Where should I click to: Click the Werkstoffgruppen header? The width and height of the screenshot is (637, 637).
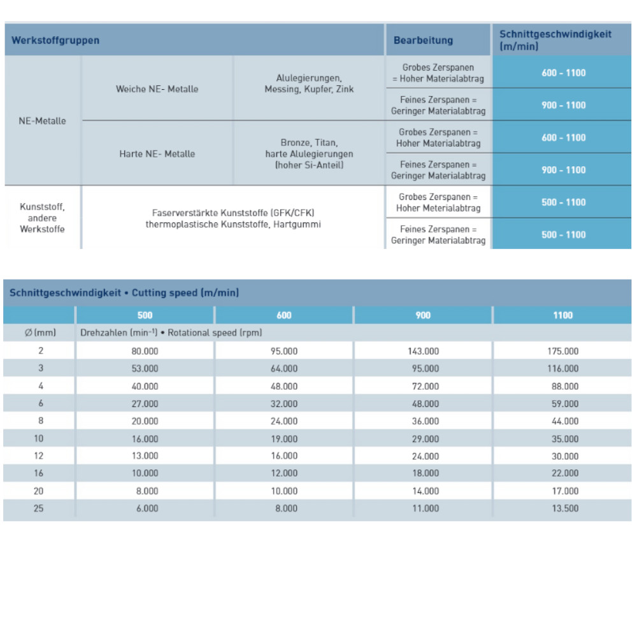tap(55, 40)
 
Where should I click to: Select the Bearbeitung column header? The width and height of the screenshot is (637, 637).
tap(423, 40)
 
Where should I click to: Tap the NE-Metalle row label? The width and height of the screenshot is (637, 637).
tap(43, 120)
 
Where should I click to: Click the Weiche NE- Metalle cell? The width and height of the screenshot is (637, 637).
tap(157, 89)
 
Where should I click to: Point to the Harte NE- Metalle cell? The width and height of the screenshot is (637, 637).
tap(157, 154)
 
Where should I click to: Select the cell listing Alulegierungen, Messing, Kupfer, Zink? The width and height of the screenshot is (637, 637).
tap(309, 83)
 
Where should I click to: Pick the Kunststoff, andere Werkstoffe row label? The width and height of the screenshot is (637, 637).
tap(43, 218)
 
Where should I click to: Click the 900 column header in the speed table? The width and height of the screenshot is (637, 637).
tap(423, 315)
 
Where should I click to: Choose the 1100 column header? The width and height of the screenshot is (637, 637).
tap(563, 315)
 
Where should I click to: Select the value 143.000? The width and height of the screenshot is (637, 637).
tap(423, 351)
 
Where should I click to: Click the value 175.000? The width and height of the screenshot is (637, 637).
tap(563, 351)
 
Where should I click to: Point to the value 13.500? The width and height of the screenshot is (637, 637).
tap(563, 508)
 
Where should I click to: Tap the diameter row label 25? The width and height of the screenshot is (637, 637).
tap(38, 508)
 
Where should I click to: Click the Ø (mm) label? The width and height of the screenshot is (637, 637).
tap(38, 333)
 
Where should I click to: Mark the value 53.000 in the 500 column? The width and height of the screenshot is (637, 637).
tap(145, 368)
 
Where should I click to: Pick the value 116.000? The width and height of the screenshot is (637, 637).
tap(563, 368)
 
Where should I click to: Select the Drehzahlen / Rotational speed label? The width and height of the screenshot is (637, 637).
tap(171, 333)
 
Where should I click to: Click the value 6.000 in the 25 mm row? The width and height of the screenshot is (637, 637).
tap(145, 508)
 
